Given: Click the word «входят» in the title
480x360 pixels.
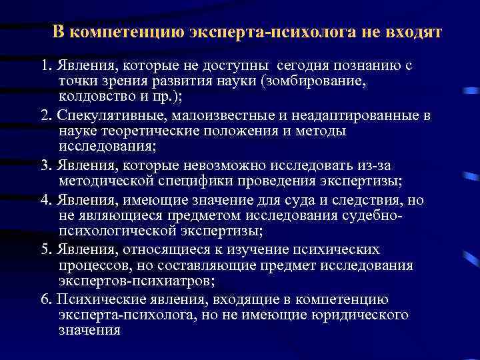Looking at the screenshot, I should coord(414,33).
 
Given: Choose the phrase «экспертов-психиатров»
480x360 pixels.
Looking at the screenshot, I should coord(130,281).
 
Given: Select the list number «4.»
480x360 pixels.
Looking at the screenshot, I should coord(45,201).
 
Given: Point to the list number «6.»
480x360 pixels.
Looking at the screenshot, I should coord(45,299).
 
